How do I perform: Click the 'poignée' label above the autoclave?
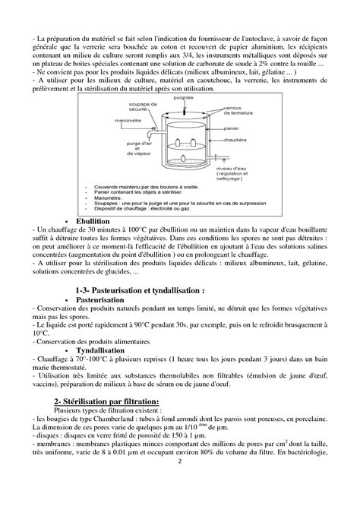182,98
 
